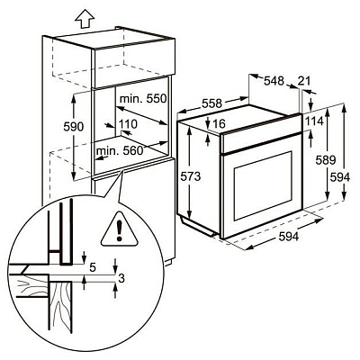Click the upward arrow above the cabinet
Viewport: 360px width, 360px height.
tap(86, 15)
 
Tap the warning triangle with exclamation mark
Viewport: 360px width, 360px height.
tap(116, 229)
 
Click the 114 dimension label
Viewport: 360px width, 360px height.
tap(313, 121)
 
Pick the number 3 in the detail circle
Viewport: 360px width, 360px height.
tap(121, 279)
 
